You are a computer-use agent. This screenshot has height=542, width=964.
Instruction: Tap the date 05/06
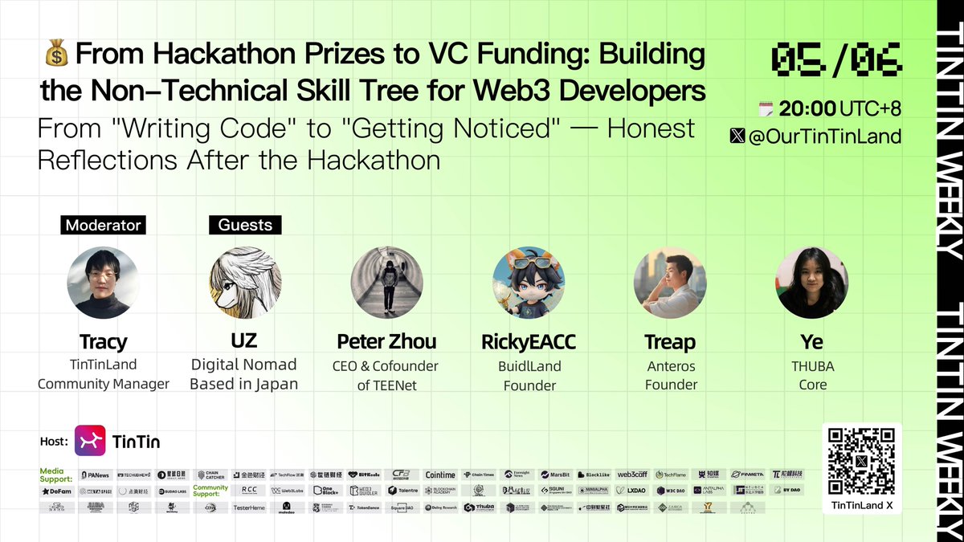[836, 59]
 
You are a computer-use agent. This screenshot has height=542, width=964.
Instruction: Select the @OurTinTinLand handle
[835, 137]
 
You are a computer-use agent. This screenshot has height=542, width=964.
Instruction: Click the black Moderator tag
[103, 225]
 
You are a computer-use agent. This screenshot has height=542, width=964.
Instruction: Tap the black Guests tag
[245, 225]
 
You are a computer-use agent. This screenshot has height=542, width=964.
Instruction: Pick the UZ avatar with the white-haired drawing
[244, 283]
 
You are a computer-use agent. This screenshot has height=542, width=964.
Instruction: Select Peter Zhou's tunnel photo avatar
[386, 283]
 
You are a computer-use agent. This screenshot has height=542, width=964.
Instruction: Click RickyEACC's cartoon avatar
[529, 283]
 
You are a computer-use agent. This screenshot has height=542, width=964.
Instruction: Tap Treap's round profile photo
[670, 283]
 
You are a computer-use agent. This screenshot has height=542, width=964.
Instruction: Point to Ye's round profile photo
[812, 283]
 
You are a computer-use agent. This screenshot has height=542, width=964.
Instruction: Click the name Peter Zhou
[386, 341]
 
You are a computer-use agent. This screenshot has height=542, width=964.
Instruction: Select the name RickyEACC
[529, 342]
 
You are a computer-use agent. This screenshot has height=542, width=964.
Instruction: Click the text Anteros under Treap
[671, 365]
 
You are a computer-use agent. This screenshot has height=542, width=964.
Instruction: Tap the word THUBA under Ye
[812, 365]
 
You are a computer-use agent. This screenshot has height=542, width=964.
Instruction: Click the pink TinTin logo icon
[90, 441]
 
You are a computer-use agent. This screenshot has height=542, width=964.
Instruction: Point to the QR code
[862, 461]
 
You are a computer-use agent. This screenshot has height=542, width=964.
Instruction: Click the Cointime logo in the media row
[440, 475]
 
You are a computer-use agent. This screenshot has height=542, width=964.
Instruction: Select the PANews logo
[95, 475]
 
